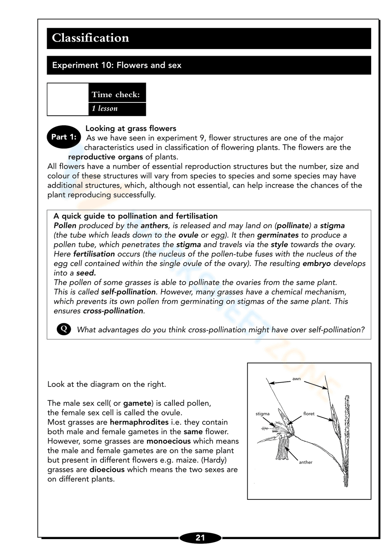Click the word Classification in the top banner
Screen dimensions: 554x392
(x=91, y=38)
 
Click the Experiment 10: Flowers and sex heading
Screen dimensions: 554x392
(x=116, y=65)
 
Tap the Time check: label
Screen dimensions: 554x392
(x=116, y=94)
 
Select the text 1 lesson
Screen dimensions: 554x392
(x=105, y=109)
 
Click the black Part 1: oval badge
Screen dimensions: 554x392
(x=64, y=137)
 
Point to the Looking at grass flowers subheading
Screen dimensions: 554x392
(x=131, y=128)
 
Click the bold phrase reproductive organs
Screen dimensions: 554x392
(x=105, y=157)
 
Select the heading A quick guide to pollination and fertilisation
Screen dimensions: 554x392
(x=135, y=216)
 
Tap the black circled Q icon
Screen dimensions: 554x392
(x=64, y=329)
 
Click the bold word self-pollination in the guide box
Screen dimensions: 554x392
(x=128, y=292)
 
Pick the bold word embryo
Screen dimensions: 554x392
(x=316, y=264)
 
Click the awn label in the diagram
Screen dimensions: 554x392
(x=296, y=379)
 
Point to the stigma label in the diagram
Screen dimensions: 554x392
(x=262, y=414)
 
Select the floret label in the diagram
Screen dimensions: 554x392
(x=309, y=414)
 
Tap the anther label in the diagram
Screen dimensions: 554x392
(x=305, y=462)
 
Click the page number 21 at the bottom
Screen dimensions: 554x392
(x=200, y=538)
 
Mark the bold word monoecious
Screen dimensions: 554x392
(x=169, y=441)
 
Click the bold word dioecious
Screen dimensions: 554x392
(x=107, y=470)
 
